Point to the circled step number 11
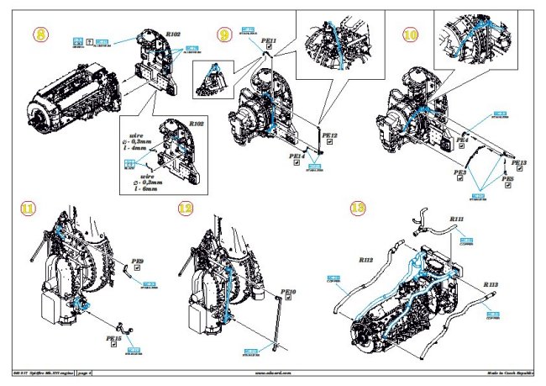click(29, 207)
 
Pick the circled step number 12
click(186, 207)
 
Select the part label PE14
click(296, 156)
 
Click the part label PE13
click(517, 162)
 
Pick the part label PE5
click(507, 179)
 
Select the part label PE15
click(113, 338)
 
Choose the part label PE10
click(290, 291)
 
